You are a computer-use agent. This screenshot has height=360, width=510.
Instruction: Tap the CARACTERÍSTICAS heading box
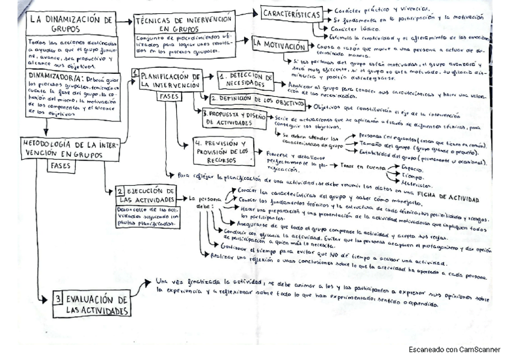(289, 13)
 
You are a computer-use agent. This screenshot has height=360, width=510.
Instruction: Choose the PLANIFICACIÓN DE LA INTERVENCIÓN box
(170, 81)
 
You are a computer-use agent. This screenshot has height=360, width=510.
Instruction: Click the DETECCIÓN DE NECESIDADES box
(245, 79)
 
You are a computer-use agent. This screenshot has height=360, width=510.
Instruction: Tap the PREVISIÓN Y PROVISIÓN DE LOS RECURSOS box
(222, 151)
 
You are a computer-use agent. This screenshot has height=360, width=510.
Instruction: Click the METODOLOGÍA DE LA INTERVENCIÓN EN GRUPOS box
(72, 149)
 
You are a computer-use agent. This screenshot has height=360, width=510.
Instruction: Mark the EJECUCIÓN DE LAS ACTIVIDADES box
(147, 195)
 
